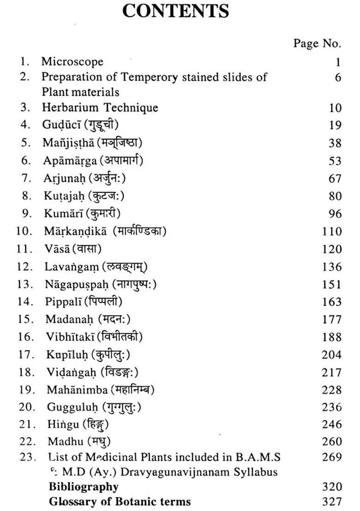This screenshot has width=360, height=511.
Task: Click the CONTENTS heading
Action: click(x=175, y=11)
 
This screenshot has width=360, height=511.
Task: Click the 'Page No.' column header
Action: click(x=317, y=43)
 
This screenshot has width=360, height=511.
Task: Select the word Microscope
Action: click(x=72, y=62)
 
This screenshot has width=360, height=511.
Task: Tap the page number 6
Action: click(x=338, y=77)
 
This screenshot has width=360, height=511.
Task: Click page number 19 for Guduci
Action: click(x=335, y=125)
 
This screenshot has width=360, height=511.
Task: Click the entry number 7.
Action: click(x=26, y=178)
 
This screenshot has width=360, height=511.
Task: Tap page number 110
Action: click(x=332, y=232)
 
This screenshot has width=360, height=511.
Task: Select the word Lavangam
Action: click(x=65, y=267)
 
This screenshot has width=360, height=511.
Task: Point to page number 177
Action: click(x=332, y=320)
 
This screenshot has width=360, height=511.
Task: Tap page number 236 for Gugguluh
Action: click(x=332, y=408)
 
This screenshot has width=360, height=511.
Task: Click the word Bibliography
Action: click(x=84, y=487)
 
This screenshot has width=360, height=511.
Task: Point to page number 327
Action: click(x=332, y=502)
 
